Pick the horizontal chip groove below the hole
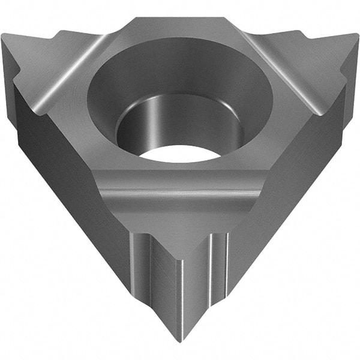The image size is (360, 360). (180, 191)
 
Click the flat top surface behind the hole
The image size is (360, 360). (180, 27)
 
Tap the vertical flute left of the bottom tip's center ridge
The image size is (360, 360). (147, 264)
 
